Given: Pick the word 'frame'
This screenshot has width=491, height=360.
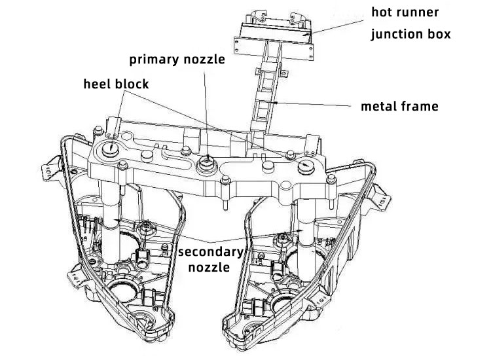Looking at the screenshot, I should (419, 105).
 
